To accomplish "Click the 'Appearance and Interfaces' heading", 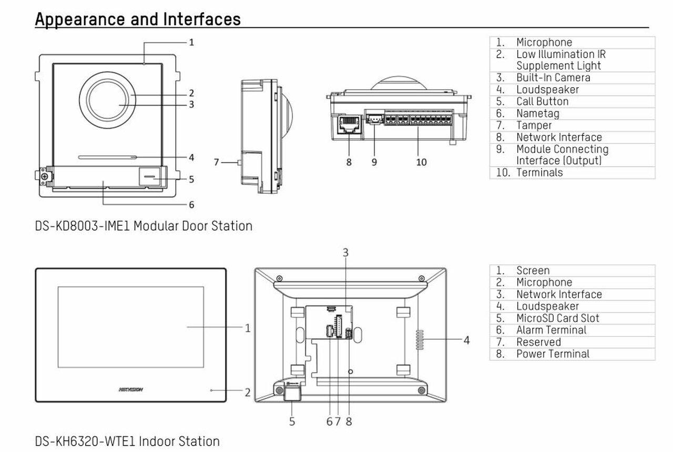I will (138, 19).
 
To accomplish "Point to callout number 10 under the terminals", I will (421, 162).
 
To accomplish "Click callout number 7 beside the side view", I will (216, 162).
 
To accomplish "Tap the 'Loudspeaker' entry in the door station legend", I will (547, 90).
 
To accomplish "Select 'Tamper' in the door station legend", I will (534, 125).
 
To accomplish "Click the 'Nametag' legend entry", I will (537, 113).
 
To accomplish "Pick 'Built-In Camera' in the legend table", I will (553, 78).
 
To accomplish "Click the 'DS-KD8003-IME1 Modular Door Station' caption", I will (144, 226).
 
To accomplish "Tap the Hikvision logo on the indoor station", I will (131, 390).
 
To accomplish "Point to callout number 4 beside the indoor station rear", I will (466, 340).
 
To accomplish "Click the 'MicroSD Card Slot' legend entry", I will (557, 318).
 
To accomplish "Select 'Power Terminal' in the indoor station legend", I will (553, 354).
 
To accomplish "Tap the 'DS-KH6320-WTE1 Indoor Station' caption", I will (127, 441).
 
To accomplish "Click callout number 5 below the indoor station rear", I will (292, 421).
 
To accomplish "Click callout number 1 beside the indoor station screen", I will (248, 328).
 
